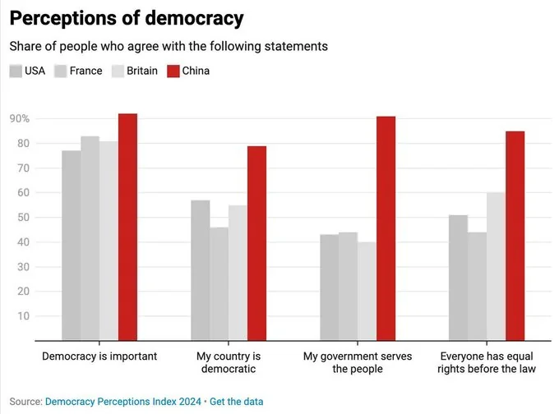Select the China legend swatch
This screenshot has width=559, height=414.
click(173, 71)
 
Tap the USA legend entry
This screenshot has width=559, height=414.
click(28, 71)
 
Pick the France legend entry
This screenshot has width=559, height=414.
click(78, 71)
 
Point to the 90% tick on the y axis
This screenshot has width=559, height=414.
click(20, 119)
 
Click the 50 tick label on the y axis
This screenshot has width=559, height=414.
click(23, 218)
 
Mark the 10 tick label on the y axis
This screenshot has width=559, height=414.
click(23, 316)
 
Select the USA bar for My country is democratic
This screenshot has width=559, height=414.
click(201, 270)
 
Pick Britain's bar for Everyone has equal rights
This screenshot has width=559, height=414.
click(496, 266)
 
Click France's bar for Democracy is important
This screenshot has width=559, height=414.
click(90, 238)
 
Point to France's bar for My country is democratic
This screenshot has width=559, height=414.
click(219, 283)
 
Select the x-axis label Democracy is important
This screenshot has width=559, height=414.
click(99, 356)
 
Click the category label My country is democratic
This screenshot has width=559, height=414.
click(228, 362)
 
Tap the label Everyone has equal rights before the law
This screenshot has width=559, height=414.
click(487, 362)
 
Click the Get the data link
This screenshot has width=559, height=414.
click(237, 402)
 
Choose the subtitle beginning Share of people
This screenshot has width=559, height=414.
click(169, 46)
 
